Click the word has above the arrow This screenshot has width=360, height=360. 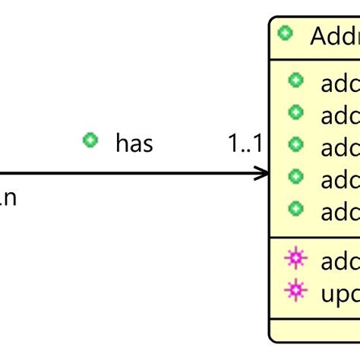tap(134, 142)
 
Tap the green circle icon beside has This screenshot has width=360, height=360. tap(90, 141)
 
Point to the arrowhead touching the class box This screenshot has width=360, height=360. tap(263, 174)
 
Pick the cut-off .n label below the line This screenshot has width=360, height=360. tap(8, 198)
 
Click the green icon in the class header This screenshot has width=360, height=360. tap(285, 33)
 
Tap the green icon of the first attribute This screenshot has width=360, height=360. tap(296, 80)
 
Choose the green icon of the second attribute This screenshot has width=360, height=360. tap(296, 112)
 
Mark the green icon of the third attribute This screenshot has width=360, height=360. tap(296, 144)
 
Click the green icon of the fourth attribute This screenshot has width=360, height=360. tap(296, 177)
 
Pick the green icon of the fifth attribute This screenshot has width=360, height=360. tap(296, 209)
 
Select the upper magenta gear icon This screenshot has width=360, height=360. tap(295, 259)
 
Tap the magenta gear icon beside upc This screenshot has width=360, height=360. tap(295, 289)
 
